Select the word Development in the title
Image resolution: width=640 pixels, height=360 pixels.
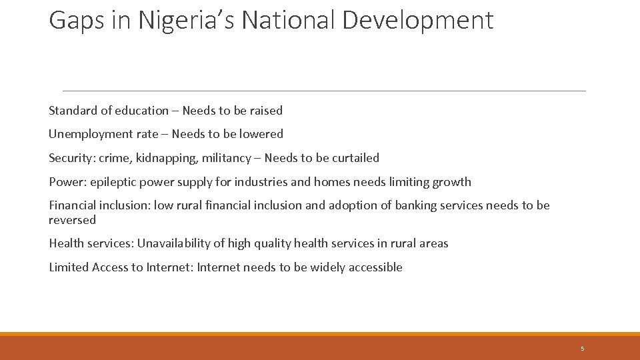[x=418, y=21]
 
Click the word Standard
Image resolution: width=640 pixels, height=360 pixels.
[x=73, y=111]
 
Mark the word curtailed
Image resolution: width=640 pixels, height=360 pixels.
[x=353, y=158]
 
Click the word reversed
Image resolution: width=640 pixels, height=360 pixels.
[x=72, y=220]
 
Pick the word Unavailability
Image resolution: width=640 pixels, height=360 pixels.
[x=173, y=243]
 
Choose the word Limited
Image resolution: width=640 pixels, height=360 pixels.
[x=69, y=267]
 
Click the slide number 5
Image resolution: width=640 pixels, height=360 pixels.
[x=582, y=349]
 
